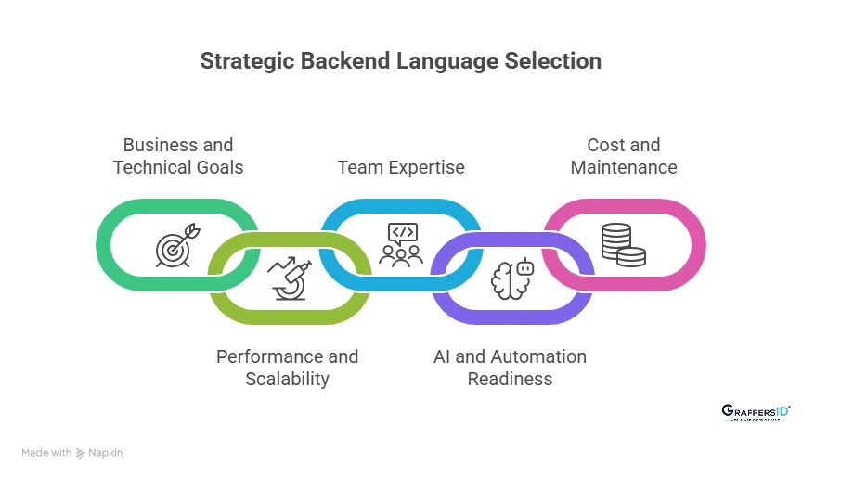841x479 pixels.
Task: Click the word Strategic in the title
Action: tap(244, 61)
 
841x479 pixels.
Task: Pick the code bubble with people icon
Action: tap(401, 245)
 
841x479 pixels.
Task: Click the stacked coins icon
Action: tap(623, 245)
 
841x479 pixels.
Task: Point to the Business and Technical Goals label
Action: tap(178, 156)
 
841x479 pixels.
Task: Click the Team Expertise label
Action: tap(401, 167)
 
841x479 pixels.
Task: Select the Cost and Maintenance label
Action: tap(624, 156)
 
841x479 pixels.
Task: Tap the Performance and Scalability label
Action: tap(288, 368)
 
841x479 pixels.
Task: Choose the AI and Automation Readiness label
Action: tap(511, 368)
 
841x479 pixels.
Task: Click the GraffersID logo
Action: tap(756, 412)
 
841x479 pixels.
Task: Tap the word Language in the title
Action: tap(449, 61)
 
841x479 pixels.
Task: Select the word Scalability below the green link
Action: tap(288, 379)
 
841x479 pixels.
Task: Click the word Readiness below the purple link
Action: tap(511, 379)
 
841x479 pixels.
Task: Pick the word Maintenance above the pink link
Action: tap(624, 168)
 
